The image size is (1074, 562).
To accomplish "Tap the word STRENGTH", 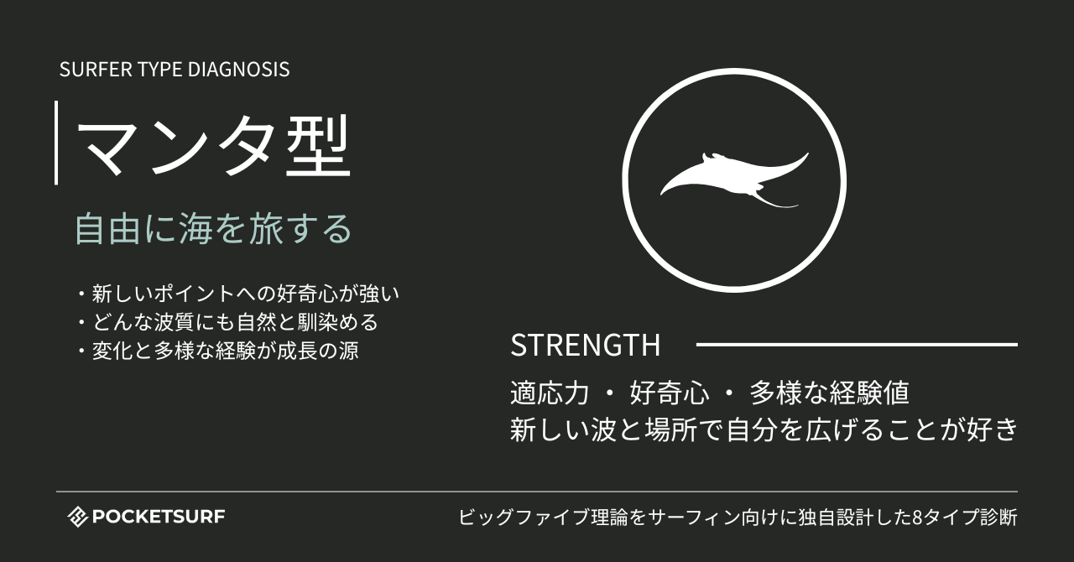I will (585, 346).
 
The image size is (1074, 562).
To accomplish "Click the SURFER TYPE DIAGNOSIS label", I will (175, 70).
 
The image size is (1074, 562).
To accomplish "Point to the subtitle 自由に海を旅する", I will (212, 229).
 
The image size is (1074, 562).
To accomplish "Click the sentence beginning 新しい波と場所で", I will (764, 429).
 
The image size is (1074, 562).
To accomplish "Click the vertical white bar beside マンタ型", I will (56, 143).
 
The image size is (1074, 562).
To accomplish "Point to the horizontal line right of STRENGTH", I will (857, 344).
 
